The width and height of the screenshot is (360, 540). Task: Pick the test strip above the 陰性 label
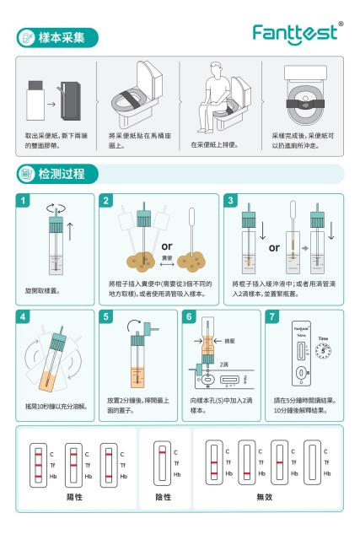tap(159, 465)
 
